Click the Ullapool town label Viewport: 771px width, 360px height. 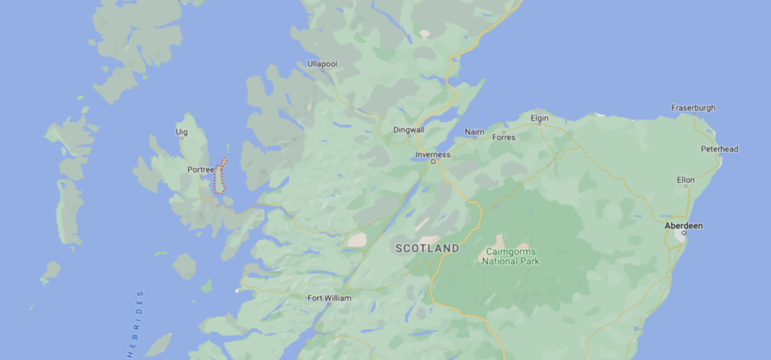pyautogui.click(x=322, y=64)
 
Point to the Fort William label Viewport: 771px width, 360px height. pyautogui.click(x=329, y=297)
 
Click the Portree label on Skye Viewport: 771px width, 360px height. pyautogui.click(x=201, y=169)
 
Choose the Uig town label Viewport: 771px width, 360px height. pyautogui.click(x=181, y=132)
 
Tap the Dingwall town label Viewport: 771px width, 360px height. pyautogui.click(x=409, y=130)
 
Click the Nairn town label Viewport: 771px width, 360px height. pyautogui.click(x=474, y=132)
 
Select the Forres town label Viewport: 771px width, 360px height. pyautogui.click(x=503, y=137)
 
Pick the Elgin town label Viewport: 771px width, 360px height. pyautogui.click(x=540, y=118)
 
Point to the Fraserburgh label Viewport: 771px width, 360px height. pyautogui.click(x=693, y=108)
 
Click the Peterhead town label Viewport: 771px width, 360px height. pyautogui.click(x=719, y=148)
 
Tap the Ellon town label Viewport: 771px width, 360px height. pyautogui.click(x=685, y=180)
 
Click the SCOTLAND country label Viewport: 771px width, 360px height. pyautogui.click(x=427, y=248)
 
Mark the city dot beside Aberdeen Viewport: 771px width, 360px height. pyautogui.click(x=684, y=233)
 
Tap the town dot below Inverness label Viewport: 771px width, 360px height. pyautogui.click(x=433, y=161)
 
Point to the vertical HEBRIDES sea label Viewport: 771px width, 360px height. pyautogui.click(x=136, y=324)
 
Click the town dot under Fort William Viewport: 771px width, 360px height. pyautogui.click(x=329, y=304)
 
